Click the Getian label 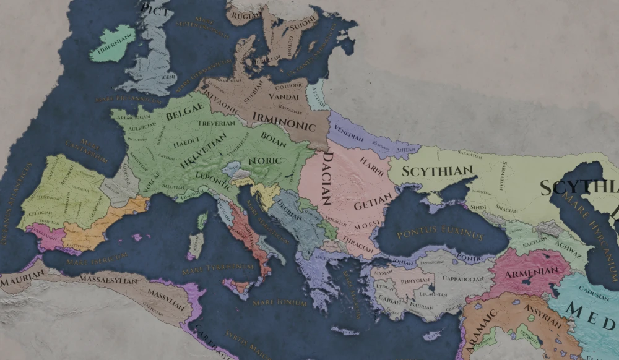coord(373,202)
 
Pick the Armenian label coord(529,273)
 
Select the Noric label coord(264,161)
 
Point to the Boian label coord(274,136)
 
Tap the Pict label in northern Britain coord(155,8)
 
